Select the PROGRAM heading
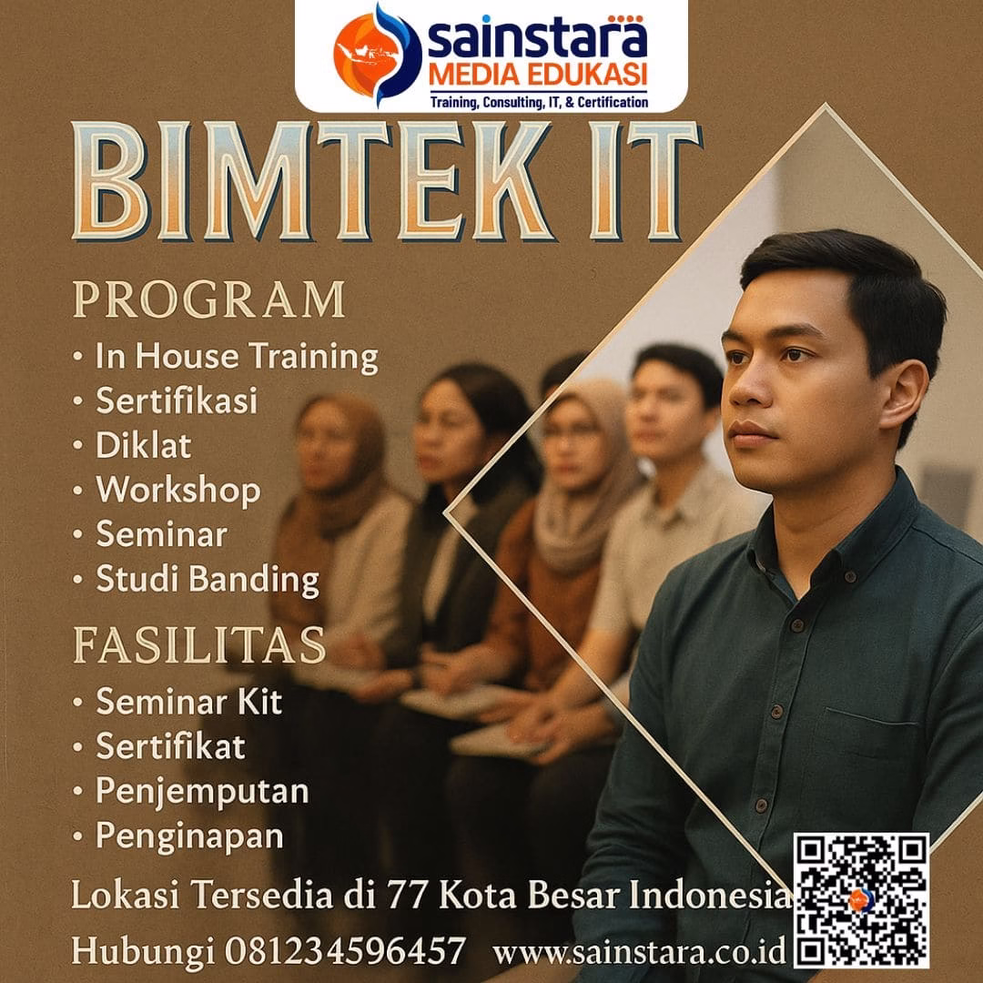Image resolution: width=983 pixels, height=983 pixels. pos(209,300)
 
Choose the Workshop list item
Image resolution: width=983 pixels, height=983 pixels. pos(178,491)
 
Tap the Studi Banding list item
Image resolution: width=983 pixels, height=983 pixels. pos(208,580)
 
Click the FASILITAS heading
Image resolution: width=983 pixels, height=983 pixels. pos(198,645)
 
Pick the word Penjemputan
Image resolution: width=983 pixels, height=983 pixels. pos(202,791)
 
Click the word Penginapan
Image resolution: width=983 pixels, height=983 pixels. pos(189,835)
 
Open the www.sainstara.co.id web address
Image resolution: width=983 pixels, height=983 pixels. pos(639,953)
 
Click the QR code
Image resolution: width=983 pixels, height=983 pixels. pos(860,900)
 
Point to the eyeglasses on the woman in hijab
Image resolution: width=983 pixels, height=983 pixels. pos(573,434)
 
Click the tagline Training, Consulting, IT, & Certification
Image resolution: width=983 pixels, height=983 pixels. pos(539,101)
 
